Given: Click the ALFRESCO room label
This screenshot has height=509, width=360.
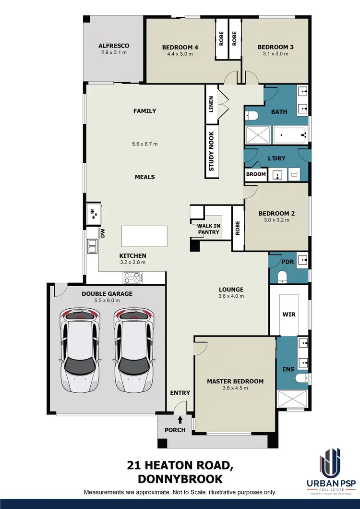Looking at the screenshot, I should click(x=114, y=46).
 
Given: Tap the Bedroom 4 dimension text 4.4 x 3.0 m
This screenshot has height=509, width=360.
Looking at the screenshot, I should click(x=180, y=54).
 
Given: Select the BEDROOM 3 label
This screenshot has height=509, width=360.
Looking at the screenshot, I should click(x=276, y=47).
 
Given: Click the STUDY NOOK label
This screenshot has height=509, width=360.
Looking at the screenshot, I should click(x=211, y=152).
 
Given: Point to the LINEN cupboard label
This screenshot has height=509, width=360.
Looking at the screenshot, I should click(x=211, y=104).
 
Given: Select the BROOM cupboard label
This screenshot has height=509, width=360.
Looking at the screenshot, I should click(x=256, y=174).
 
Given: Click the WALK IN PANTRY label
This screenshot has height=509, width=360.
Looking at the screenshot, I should click(x=208, y=229).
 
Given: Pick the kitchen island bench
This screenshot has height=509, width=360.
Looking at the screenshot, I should click(x=144, y=236).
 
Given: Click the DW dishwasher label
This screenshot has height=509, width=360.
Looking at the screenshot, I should click(x=102, y=233).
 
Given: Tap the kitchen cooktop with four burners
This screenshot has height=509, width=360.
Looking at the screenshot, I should click(x=132, y=277).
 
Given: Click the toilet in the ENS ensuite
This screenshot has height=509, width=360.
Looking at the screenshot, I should click(x=300, y=378).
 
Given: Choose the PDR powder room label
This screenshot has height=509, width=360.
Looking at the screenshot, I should click(x=288, y=262).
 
